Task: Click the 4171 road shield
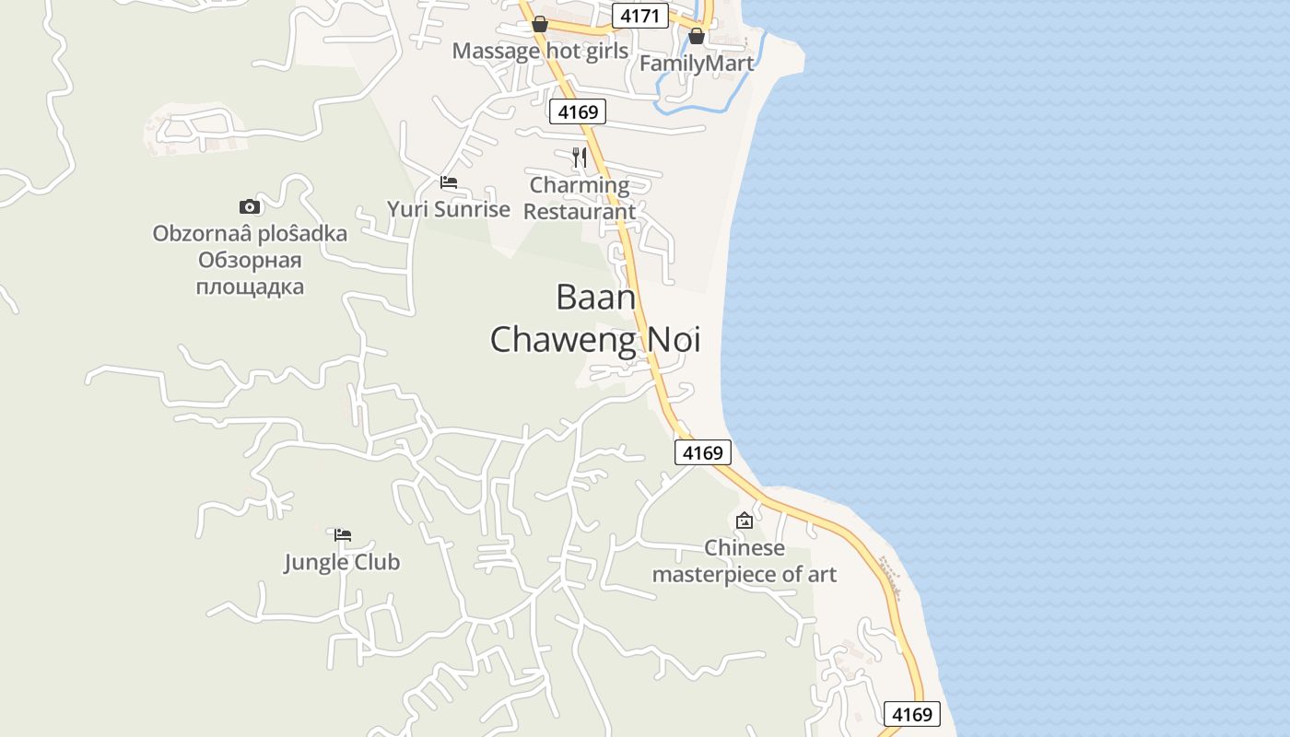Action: pos(640,16)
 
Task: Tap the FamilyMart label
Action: pos(697,64)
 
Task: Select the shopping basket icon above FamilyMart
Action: pos(697,36)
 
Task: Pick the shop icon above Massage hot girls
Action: pos(540,24)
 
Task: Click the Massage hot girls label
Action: pos(540,51)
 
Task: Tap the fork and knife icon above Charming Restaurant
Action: pos(580,158)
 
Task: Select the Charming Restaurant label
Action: pos(580,198)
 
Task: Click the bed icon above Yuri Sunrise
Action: pos(449,182)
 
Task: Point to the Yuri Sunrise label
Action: pos(449,209)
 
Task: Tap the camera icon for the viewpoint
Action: pos(250,206)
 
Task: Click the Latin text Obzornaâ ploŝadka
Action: pos(250,233)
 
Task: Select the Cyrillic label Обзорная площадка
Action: pos(250,274)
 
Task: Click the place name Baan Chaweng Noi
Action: pos(595,319)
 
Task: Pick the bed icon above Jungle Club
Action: pos(343,534)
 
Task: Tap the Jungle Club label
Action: pos(342,562)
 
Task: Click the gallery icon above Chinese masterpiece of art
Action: pos(745,521)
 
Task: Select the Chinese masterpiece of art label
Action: pos(745,561)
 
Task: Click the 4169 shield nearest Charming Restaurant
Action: pos(578,112)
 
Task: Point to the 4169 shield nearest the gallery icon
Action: pos(703,452)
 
